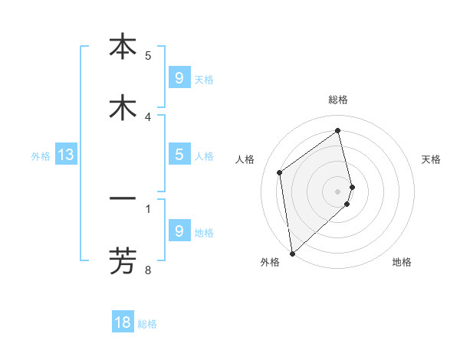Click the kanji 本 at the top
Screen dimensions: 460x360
tap(123, 47)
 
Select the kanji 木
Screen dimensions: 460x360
tap(123, 108)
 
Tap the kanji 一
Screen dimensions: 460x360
tap(123, 199)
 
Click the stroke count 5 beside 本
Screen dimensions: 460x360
tap(148, 55)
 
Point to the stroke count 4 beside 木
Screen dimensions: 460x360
tap(148, 116)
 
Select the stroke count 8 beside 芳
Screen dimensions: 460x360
tap(148, 270)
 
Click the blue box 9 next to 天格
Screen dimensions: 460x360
tap(179, 77)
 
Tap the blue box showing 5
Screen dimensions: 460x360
tap(179, 154)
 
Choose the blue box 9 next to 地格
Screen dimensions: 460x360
tap(179, 231)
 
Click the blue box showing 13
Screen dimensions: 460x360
tap(66, 155)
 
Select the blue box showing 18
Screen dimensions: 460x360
tap(123, 322)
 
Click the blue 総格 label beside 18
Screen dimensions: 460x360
tap(147, 324)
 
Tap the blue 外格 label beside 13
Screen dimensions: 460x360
tap(41, 156)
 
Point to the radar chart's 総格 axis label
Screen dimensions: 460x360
tap(338, 100)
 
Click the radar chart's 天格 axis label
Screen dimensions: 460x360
tap(432, 159)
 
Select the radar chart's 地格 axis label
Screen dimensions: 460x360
tap(402, 262)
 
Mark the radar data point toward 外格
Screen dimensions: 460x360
tap(291, 253)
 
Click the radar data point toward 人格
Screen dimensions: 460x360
tap(280, 172)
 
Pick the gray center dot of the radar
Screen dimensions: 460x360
tap(338, 191)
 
